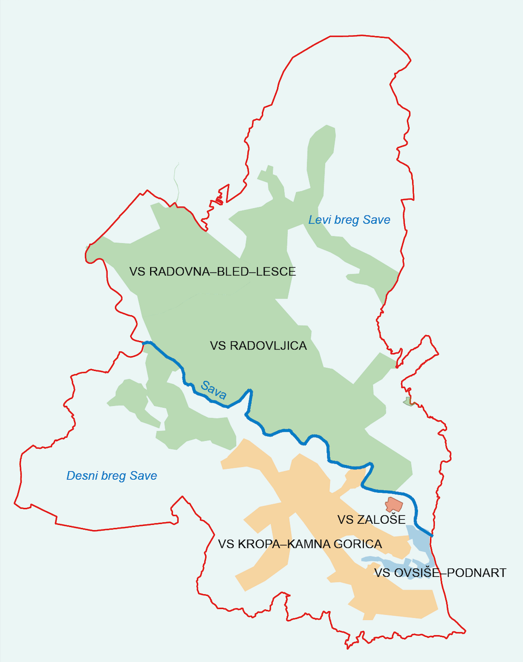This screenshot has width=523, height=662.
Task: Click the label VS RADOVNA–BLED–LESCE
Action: click(213, 272)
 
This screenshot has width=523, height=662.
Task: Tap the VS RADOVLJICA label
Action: click(258, 346)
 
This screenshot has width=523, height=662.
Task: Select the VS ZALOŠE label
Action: click(371, 520)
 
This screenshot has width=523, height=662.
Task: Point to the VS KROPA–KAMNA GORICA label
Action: click(300, 544)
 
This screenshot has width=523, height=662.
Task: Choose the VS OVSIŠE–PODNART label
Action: click(440, 573)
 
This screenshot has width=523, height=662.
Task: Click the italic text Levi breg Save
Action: click(349, 220)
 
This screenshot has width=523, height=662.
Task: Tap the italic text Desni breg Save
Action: click(111, 476)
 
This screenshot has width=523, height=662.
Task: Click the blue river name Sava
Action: click(213, 390)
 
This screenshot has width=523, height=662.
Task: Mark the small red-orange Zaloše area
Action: click(393, 505)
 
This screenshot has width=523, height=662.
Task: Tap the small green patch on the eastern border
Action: click(409, 402)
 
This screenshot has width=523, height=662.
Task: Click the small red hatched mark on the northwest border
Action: click(218, 201)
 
